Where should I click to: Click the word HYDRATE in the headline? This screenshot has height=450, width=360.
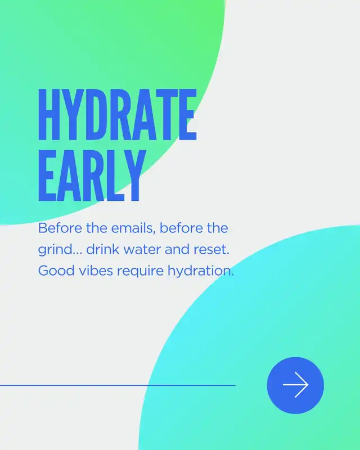[x=118, y=114]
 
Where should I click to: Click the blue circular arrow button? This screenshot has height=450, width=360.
[x=295, y=385]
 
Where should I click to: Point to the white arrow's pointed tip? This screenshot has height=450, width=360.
[x=308, y=385]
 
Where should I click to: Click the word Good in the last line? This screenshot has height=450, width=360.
[x=57, y=271]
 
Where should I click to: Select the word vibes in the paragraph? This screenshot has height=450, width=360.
[x=96, y=271]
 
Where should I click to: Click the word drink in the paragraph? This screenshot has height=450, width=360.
[x=103, y=249]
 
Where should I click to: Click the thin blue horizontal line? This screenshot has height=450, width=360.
[x=118, y=385]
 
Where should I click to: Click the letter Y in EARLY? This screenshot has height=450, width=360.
[x=134, y=175]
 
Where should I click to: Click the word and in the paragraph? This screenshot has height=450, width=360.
[x=177, y=249]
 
